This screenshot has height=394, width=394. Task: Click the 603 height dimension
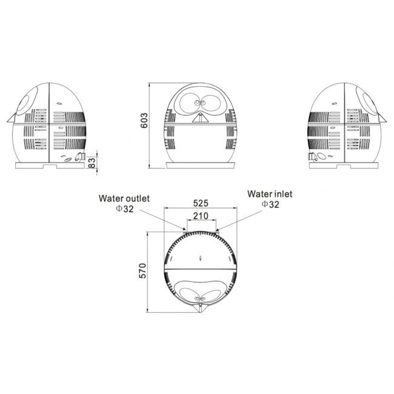pos(144,121)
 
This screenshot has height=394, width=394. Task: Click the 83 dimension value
pos(92,162)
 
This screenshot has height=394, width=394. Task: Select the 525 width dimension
pos(201,203)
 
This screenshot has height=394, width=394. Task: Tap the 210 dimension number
pos(201,216)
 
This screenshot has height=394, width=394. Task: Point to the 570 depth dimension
pos(142,271)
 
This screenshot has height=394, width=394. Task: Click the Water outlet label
pos(124,198)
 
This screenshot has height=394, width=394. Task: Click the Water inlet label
pos(270,194)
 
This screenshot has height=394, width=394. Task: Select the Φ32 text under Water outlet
pos(125,209)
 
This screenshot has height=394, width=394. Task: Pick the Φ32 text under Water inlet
pos(270,204)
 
